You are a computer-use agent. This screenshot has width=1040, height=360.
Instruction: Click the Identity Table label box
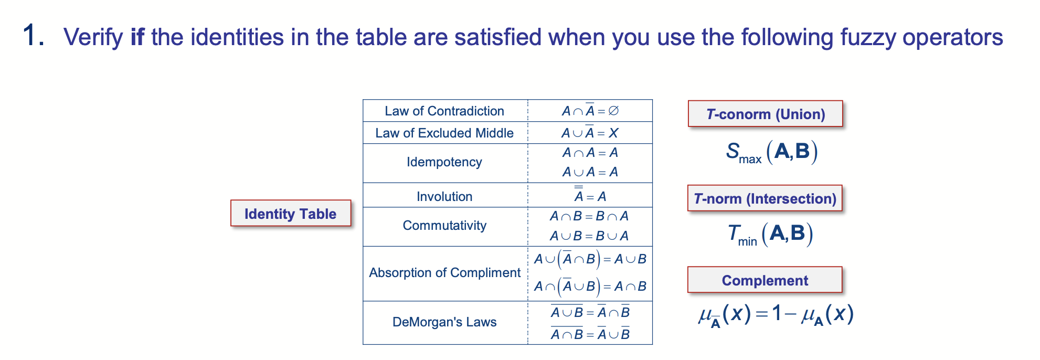[x=290, y=214]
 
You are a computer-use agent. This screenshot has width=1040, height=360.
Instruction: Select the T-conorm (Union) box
[x=765, y=114]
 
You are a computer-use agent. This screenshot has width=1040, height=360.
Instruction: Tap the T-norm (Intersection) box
[x=765, y=198]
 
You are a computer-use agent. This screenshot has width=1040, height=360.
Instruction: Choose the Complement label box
[x=765, y=280]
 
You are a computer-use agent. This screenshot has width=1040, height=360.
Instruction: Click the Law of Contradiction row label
[x=444, y=111]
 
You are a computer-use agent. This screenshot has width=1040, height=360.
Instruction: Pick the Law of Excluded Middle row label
[x=444, y=133]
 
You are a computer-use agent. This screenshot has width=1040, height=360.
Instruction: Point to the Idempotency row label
[x=444, y=162]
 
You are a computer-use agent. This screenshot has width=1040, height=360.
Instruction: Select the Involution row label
[x=444, y=196]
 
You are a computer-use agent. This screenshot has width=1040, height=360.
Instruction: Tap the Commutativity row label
[x=444, y=226]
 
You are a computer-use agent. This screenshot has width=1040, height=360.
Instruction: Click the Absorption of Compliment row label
[x=444, y=273]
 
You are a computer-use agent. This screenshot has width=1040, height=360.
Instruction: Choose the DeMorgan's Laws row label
[x=444, y=322]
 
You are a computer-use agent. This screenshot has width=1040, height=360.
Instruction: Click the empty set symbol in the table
[x=613, y=111]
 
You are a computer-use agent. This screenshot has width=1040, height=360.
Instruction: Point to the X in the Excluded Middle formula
[x=613, y=133]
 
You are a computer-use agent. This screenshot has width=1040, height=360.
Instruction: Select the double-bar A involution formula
[x=590, y=195]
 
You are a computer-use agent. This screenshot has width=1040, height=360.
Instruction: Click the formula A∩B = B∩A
[x=589, y=216]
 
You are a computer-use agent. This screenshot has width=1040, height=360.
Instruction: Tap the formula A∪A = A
[x=590, y=172]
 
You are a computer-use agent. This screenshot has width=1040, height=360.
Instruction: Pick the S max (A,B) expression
[x=771, y=152]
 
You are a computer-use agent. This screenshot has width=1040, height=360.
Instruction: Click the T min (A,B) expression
[x=770, y=234]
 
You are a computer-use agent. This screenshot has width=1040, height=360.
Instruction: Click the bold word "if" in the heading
[x=137, y=37]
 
